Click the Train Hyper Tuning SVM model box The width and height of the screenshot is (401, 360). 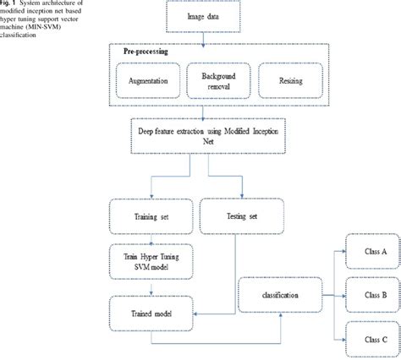point(149,260)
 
